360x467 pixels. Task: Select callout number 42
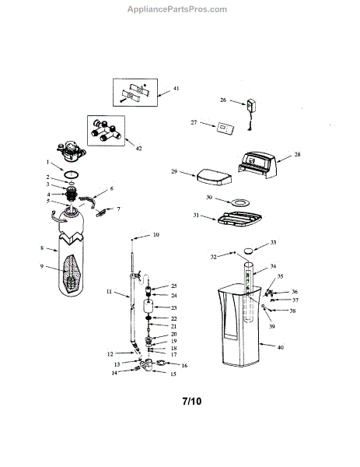pyautogui.click(x=138, y=146)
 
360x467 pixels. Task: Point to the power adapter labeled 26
pyautogui.click(x=251, y=106)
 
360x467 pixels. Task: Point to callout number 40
pyautogui.click(x=291, y=347)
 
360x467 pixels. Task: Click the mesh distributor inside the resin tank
pyautogui.click(x=75, y=274)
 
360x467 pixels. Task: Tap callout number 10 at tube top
pyautogui.click(x=155, y=233)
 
